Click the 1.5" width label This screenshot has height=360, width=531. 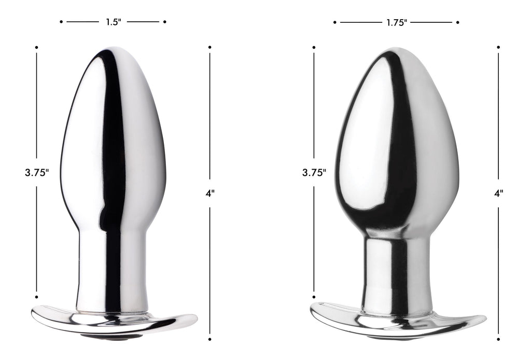tap(113, 22)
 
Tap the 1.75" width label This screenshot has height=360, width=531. tap(396, 22)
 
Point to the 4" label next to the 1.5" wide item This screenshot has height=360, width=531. tap(209, 193)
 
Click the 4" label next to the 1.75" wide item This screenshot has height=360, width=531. tap(498, 193)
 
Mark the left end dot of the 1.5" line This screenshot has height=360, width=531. tap(61, 22)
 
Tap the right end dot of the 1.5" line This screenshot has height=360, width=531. tap(165, 22)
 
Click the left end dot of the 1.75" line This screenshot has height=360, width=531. tap(335, 22)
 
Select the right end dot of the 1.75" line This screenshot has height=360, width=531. tap(458, 22)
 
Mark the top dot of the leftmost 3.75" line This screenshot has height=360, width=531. tap(37, 47)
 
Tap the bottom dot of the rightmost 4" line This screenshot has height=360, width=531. tap(498, 339)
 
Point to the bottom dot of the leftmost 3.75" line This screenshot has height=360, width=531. tap(37, 297)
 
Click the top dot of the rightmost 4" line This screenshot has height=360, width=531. tap(498, 47)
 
